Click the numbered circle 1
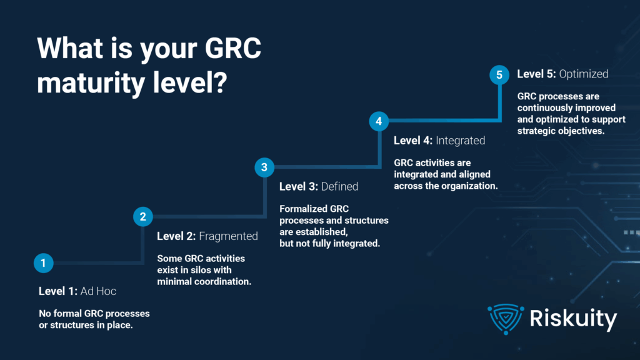[43, 263]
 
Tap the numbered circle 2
[143, 216]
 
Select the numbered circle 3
[264, 167]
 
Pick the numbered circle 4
[379, 121]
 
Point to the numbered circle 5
[499, 75]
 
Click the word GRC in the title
[232, 48]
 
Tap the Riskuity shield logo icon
[506, 319]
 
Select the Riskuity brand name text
[574, 319]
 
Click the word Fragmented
[228, 236]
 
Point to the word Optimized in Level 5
[584, 74]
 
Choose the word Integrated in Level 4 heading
[461, 141]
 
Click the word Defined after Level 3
[339, 186]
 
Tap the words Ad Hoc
[98, 291]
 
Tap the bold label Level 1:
[58, 291]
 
